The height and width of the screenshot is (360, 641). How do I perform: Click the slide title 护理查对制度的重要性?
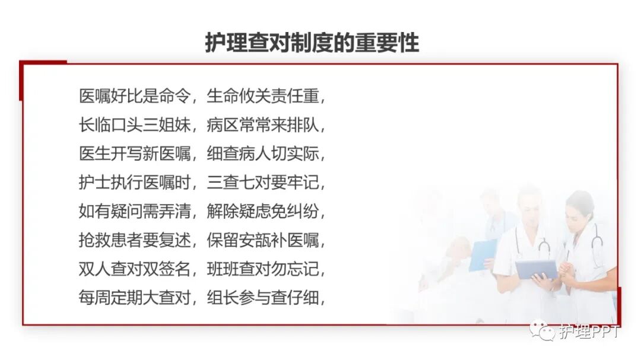[x=312, y=43]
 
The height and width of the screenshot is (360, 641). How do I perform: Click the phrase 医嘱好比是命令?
[x=134, y=96]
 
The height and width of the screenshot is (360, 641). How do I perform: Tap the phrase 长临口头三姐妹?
[x=134, y=125]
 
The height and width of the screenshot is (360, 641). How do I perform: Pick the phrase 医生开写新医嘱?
[x=134, y=154]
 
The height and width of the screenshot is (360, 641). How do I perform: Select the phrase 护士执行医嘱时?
[x=134, y=183]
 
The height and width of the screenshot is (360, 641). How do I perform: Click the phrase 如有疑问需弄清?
[x=134, y=212]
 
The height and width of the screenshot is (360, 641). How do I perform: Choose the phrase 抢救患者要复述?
[x=134, y=241]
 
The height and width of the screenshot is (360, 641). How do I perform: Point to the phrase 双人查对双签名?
[x=134, y=269]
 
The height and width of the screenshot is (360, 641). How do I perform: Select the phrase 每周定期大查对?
[x=134, y=298]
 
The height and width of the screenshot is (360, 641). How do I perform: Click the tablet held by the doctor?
[x=535, y=269]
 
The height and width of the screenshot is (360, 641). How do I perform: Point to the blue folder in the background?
[x=481, y=255]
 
